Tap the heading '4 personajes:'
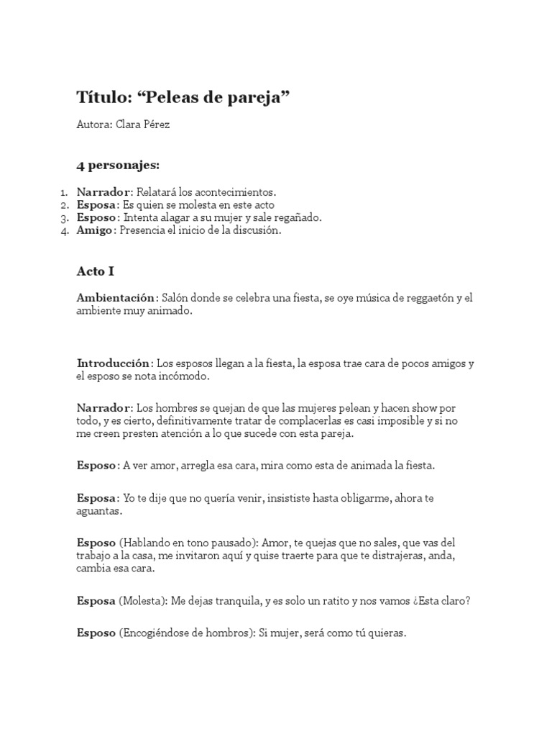click(x=118, y=165)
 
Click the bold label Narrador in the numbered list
click(x=103, y=192)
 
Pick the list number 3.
click(x=65, y=218)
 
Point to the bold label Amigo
click(x=95, y=231)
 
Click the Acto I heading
click(x=96, y=271)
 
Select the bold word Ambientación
click(x=116, y=298)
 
